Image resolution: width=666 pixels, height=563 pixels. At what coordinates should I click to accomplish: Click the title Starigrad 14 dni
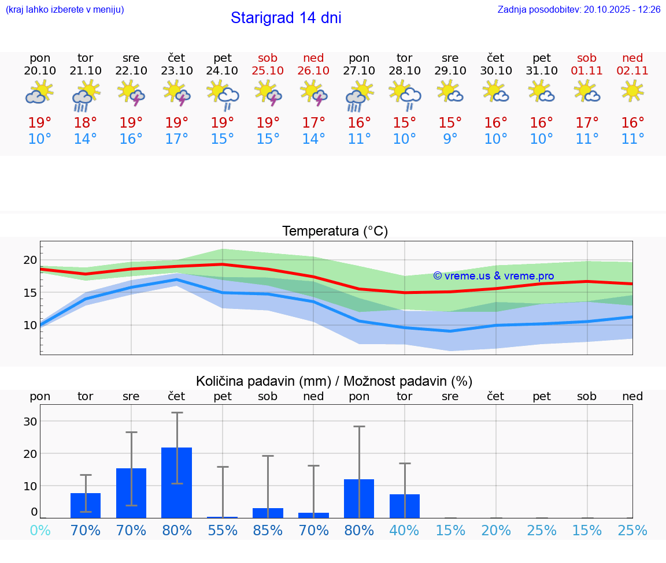pyautogui.click(x=286, y=18)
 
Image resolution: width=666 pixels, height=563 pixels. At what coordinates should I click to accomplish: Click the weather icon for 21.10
pyautogui.click(x=86, y=95)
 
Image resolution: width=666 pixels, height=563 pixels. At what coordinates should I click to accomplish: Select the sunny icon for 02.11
pyautogui.click(x=632, y=91)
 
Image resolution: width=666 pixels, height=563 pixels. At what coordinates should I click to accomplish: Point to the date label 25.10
pyautogui.click(x=268, y=70)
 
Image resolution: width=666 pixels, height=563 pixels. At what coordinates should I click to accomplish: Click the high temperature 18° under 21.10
pyautogui.click(x=86, y=122)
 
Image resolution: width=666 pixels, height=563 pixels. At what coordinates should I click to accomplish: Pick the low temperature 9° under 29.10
pyautogui.click(x=450, y=139)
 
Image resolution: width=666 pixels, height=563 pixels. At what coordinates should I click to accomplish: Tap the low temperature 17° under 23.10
pyautogui.click(x=177, y=139)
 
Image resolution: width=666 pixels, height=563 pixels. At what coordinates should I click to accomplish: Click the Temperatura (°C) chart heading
pyautogui.click(x=335, y=232)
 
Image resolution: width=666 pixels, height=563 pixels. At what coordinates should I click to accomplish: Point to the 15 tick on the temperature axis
pyautogui.click(x=30, y=293)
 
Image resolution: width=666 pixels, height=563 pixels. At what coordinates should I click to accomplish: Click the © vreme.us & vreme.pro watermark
pyautogui.click(x=494, y=276)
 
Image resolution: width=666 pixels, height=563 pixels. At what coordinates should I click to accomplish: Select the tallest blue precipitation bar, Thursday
pyautogui.click(x=177, y=482)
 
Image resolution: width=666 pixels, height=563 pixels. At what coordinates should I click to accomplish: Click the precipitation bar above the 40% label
pyautogui.click(x=405, y=506)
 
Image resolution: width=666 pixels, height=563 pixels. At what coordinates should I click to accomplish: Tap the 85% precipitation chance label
pyautogui.click(x=268, y=531)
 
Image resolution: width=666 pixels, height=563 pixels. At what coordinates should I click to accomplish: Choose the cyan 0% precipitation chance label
pyautogui.click(x=40, y=531)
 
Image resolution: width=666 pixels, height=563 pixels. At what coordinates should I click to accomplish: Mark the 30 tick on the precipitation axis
pyautogui.click(x=30, y=422)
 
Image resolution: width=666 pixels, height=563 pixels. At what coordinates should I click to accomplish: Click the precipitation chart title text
pyautogui.click(x=334, y=381)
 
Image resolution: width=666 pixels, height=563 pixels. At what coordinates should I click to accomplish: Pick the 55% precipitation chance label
pyautogui.click(x=223, y=531)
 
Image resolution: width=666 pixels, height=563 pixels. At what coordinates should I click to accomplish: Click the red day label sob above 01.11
pyautogui.click(x=587, y=58)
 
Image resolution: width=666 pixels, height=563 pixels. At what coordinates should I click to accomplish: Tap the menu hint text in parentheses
pyautogui.click(x=65, y=10)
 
